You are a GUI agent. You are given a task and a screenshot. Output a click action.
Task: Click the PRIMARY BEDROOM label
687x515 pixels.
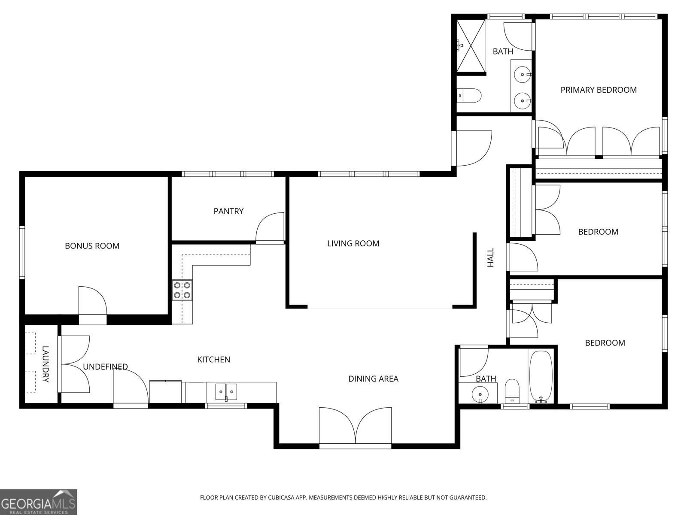(599, 90)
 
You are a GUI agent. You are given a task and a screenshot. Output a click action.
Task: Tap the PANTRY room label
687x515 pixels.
(228, 212)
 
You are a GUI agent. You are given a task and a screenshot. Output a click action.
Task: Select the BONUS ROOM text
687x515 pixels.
(92, 246)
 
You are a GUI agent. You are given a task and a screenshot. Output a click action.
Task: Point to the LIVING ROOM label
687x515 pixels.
(353, 244)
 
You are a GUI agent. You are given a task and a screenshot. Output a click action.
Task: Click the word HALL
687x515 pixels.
(490, 257)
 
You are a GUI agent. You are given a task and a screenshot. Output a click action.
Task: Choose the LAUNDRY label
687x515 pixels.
(46, 364)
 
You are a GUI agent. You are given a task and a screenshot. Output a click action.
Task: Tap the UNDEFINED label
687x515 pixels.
(105, 367)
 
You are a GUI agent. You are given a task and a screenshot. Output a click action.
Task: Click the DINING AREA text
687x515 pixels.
(373, 379)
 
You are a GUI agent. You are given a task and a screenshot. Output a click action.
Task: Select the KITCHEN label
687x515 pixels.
(213, 360)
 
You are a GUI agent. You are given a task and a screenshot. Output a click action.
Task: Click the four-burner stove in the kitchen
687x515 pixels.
(182, 290)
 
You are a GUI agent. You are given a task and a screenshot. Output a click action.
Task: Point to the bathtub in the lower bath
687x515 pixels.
(541, 376)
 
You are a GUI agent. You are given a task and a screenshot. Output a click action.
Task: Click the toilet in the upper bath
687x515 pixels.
(468, 96)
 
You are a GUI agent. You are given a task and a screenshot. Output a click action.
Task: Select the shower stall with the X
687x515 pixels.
(471, 46)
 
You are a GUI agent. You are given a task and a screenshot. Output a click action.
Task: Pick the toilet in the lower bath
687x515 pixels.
(512, 391)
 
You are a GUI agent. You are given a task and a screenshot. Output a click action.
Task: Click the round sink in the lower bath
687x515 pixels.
(480, 394)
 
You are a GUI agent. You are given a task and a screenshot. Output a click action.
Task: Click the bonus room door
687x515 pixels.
(93, 305)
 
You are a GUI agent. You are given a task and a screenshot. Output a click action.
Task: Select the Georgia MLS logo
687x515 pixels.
(39, 502)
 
